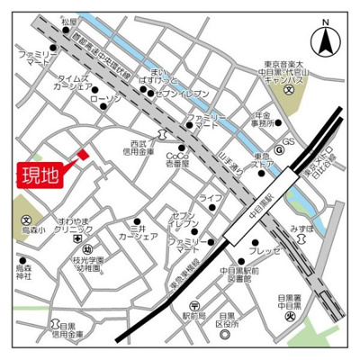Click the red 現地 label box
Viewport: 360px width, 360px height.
click(x=40, y=174)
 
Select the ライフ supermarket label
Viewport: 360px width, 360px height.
click(x=210, y=196)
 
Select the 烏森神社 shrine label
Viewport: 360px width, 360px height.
click(x=24, y=272)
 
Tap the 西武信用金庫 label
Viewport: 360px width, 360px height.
click(x=141, y=149)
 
